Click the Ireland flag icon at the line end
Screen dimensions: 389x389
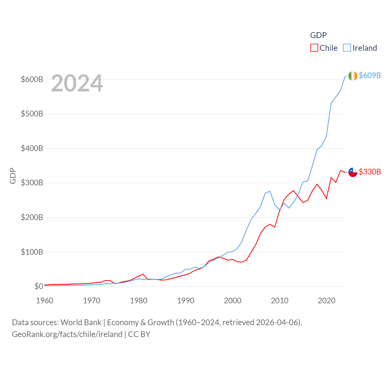[353, 76]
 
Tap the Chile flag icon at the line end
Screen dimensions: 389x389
[353, 172]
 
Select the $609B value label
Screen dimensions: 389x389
[370, 75]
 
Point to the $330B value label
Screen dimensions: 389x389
[370, 172]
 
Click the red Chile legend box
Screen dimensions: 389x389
[314, 48]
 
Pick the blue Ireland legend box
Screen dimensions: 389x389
[347, 48]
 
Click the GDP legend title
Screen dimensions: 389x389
[318, 35]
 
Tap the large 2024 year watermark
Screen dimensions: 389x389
[77, 83]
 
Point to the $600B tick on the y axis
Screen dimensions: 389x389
[32, 79]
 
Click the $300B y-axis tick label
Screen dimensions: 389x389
[32, 183]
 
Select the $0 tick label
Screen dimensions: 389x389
[39, 286]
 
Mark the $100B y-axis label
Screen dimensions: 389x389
[32, 252]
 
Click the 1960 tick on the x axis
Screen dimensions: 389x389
[45, 301]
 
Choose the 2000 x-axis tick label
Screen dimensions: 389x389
[232, 301]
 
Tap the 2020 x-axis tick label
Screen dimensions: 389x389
[326, 301]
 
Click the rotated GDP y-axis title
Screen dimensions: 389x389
[13, 176]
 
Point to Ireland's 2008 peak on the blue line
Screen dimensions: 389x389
[270, 191]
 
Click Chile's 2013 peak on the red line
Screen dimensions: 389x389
[293, 191]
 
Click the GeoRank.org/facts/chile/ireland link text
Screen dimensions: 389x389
[67, 334]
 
